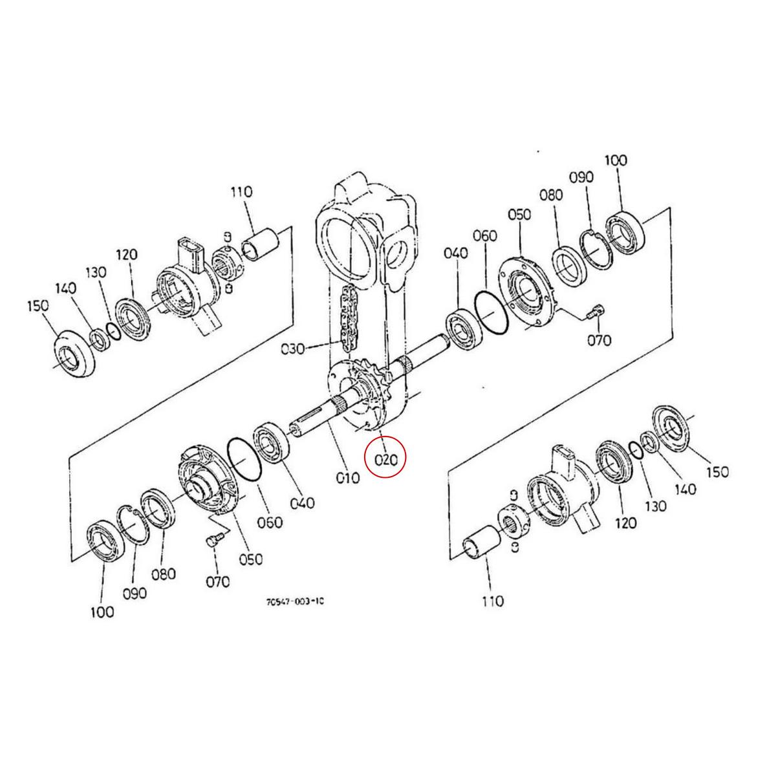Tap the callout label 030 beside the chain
click(293, 349)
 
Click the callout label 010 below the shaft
click(348, 478)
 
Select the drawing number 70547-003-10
click(295, 601)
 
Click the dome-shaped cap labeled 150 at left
click(72, 354)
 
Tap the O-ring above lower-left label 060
click(244, 459)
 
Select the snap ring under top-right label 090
click(596, 249)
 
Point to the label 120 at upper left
click(126, 255)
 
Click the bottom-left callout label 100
click(102, 612)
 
